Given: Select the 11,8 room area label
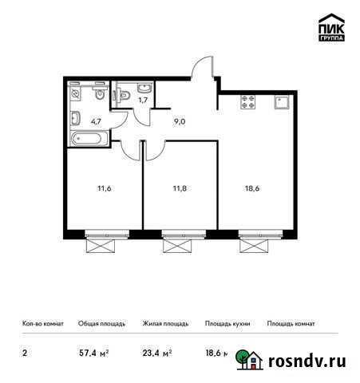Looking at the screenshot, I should point(180,188).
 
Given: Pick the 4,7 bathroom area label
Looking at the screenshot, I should point(95,123).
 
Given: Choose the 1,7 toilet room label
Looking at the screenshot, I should point(143,100).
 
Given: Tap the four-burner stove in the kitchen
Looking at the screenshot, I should point(244,101).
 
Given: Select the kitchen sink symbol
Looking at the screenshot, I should point(281,101).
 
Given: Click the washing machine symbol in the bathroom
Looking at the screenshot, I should point(76,94).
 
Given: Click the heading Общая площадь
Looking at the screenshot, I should point(101,324).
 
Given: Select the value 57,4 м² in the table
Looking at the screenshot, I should point(94,352).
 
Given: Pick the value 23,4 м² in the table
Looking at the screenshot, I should point(156,352).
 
